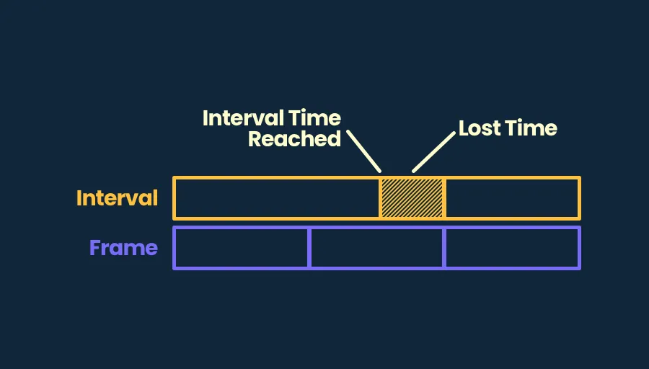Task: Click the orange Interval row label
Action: point(117,198)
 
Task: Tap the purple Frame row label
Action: point(124,248)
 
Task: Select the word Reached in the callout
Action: point(294,139)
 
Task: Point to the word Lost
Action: point(480,128)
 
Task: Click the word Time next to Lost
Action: point(531,128)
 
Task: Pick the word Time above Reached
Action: point(314,118)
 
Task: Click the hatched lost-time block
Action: point(412,198)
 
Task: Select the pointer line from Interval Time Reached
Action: point(363,151)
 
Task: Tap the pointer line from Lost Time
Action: point(433,152)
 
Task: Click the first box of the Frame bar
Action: point(242,248)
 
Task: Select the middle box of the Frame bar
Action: point(376,248)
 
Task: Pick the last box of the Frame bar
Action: point(512,248)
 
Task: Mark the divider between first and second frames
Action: point(309,248)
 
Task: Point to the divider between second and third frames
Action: point(444,248)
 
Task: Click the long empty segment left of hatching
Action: point(277,198)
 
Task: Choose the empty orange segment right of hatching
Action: point(512,198)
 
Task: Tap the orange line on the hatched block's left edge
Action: point(380,198)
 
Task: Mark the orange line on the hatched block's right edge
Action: point(444,198)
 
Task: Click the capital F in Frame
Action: point(96,248)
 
